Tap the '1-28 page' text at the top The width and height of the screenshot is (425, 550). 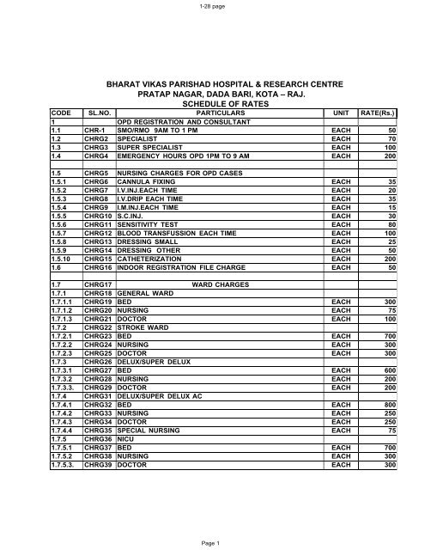pos(212,6)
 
